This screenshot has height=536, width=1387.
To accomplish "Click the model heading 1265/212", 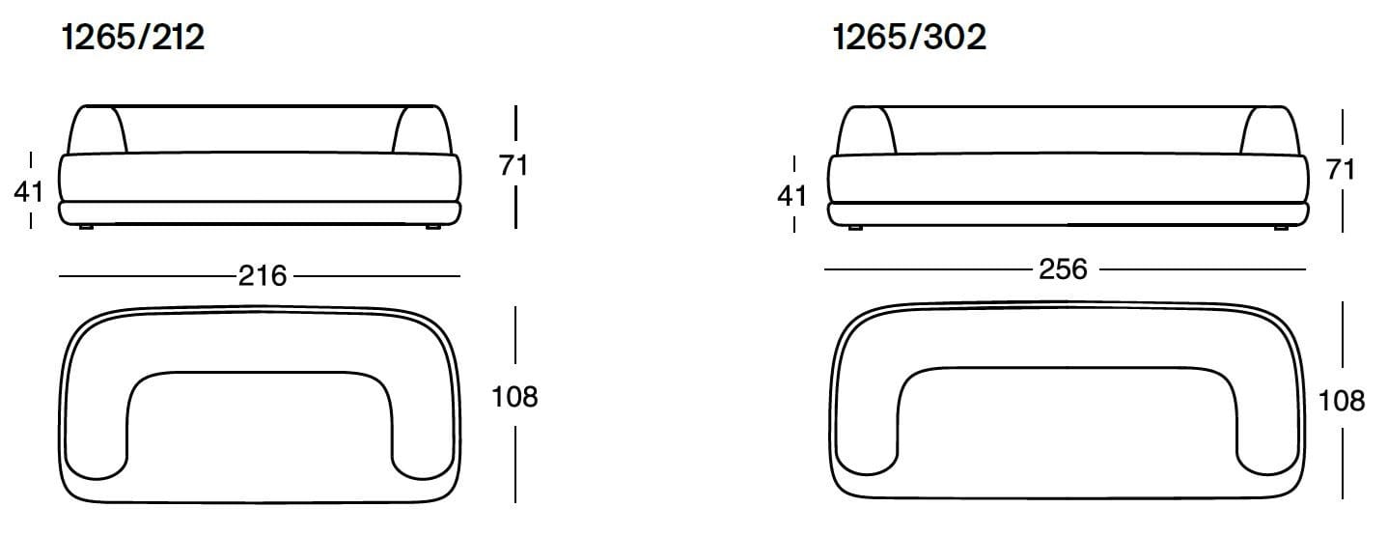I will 133,38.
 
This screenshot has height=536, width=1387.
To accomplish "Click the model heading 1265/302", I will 909,38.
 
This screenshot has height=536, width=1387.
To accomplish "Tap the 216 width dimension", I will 263,276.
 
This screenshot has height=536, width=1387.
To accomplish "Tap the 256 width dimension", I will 1062,268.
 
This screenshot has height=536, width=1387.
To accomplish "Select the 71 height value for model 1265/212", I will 513,165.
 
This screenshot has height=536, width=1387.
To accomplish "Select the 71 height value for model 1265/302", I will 1341,170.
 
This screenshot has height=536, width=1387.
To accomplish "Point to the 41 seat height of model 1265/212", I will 29,191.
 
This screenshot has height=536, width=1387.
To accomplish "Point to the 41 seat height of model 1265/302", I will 791,196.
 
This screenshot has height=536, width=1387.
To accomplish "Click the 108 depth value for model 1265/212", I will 513,396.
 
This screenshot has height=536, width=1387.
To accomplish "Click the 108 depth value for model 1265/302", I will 1341,400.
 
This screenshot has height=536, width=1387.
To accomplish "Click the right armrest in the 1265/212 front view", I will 421,129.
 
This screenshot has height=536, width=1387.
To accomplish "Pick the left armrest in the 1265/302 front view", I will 865,129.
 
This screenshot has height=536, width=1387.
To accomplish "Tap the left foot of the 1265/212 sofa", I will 87,227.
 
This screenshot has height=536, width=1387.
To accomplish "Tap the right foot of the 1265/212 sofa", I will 431,227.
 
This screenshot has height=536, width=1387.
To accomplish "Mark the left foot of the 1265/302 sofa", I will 854,228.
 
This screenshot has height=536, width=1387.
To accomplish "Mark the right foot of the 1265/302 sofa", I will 1280,228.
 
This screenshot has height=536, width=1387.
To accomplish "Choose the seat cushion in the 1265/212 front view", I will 261,176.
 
